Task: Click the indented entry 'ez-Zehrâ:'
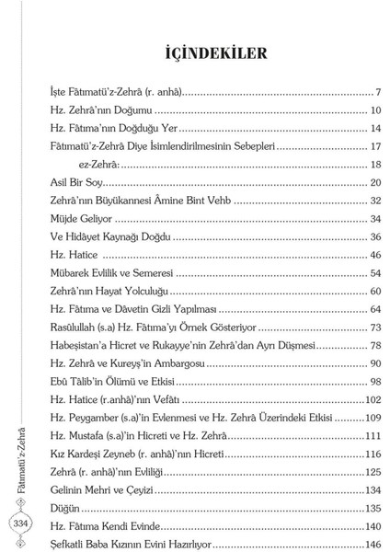click(x=101, y=164)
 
